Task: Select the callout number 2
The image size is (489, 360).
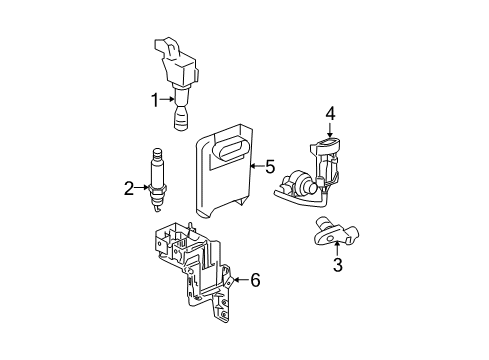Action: tap(129, 186)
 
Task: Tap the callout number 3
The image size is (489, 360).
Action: tap(338, 265)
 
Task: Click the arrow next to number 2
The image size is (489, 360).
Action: tap(142, 186)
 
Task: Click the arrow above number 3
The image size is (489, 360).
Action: tap(338, 249)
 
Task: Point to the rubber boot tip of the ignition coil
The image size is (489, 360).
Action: tap(180, 121)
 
